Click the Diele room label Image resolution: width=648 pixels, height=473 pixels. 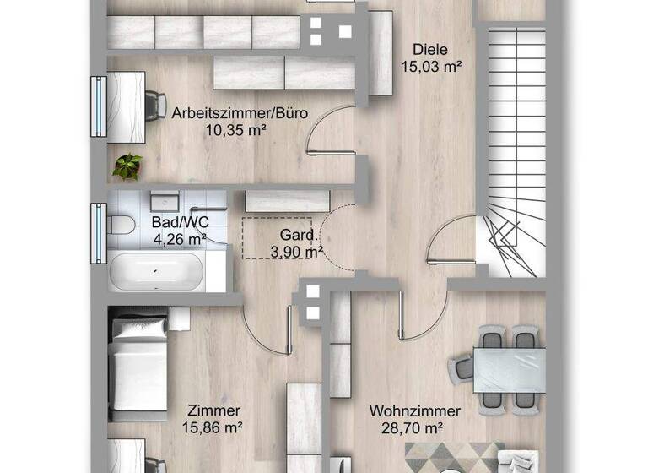pyautogui.click(x=429, y=49)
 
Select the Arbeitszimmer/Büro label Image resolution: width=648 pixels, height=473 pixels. pyautogui.click(x=240, y=112)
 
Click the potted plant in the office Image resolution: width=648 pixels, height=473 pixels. pyautogui.click(x=127, y=166)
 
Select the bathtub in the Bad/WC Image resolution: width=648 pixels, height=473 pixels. pyautogui.click(x=155, y=272)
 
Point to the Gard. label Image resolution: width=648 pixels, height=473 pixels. pyautogui.click(x=298, y=236)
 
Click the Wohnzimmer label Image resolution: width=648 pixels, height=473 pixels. pyautogui.click(x=415, y=412)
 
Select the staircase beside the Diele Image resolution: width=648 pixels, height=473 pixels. pyautogui.click(x=510, y=144)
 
